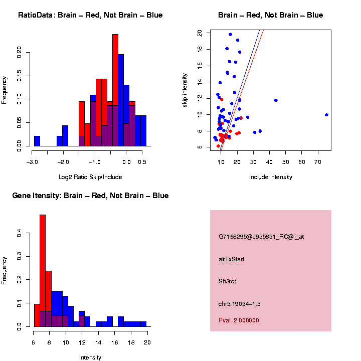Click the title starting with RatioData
[x=90, y=15]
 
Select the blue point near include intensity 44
[x=276, y=100]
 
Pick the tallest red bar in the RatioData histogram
[x=115, y=90]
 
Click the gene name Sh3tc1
[x=228, y=281]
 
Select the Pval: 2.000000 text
[x=239, y=320]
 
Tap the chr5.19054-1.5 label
[x=239, y=304]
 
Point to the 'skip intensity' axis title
[x=185, y=89]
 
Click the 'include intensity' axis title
[x=271, y=176]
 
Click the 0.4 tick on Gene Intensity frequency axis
[x=20, y=233]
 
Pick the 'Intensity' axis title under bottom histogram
[x=90, y=357]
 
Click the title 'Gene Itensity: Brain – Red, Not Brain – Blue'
[x=90, y=196]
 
